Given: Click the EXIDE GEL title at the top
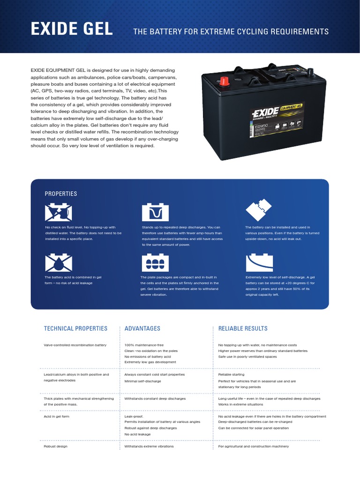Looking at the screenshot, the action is click(72, 30).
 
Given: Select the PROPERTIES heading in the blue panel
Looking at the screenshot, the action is click(61, 194).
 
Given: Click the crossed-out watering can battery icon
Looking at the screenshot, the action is click(59, 212).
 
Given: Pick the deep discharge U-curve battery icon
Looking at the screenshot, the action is click(155, 212).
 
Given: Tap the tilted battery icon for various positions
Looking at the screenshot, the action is click(259, 210).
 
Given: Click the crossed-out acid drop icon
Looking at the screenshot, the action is click(59, 263).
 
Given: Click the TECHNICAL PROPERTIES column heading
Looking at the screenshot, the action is click(75, 329).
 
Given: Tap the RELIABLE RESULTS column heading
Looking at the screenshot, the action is click(243, 329).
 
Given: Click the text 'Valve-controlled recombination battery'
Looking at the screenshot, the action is click(75, 345).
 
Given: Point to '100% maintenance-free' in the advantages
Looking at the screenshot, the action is click(144, 345).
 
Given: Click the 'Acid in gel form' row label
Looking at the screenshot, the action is click(57, 416).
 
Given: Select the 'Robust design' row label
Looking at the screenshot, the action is click(56, 446).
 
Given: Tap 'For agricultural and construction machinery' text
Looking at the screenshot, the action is click(254, 446).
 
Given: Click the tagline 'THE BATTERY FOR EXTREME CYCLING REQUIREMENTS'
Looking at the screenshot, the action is click(231, 32).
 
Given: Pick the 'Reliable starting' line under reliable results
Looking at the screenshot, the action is click(232, 375).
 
